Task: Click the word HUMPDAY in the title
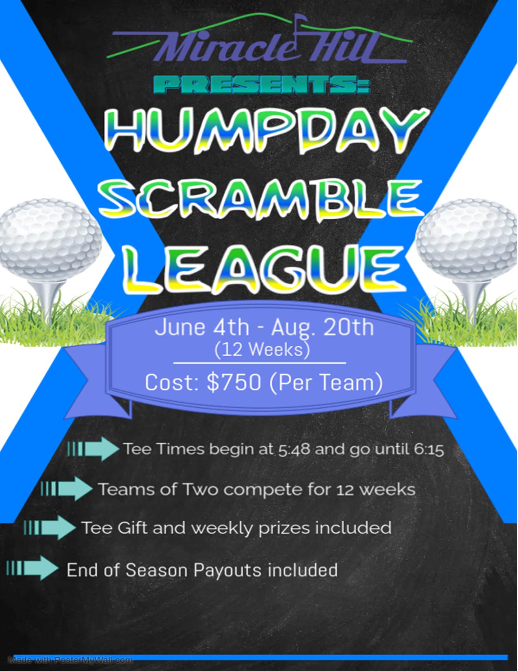[x=267, y=132]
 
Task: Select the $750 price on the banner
[x=234, y=383]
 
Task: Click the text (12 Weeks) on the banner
[x=262, y=350]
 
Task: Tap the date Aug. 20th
[x=323, y=328]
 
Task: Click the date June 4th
[x=202, y=327]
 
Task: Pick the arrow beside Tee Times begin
[x=93, y=449]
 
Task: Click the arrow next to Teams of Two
[x=67, y=488]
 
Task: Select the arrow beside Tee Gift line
[x=50, y=527]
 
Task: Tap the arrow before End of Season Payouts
[x=33, y=568]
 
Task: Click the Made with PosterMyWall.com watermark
[x=70, y=651]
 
